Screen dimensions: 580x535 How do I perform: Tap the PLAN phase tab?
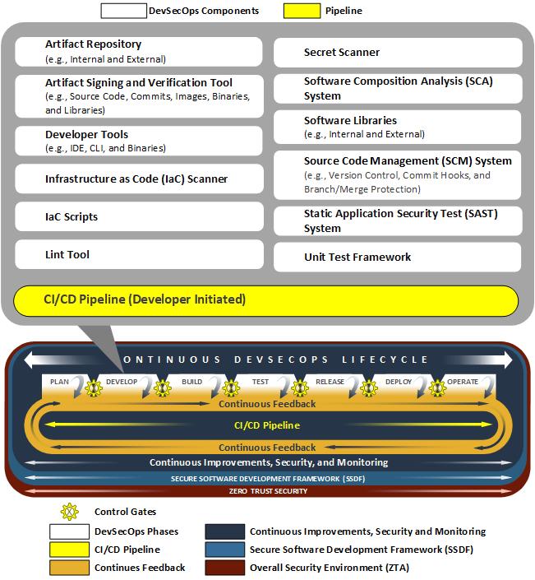(x=60, y=382)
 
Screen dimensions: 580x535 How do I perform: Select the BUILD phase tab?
(x=192, y=382)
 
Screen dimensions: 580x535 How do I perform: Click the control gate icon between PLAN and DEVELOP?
(x=92, y=387)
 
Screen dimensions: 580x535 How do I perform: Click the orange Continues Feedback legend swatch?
(x=69, y=568)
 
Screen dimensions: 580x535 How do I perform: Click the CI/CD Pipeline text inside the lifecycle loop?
(x=268, y=425)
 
